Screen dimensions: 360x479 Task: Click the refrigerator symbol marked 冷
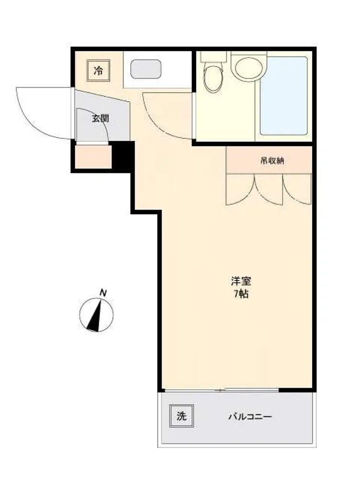tap(98, 71)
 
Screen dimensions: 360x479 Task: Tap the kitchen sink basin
tap(146, 69)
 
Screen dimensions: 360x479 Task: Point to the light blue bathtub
tap(283, 96)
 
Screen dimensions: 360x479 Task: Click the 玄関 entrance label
tap(101, 118)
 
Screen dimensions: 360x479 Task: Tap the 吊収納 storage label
tap(272, 160)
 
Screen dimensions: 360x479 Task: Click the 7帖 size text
tap(241, 294)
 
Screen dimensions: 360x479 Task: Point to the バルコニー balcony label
tap(250, 417)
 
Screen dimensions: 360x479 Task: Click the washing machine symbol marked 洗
tap(182, 416)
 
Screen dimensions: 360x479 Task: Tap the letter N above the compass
tap(103, 293)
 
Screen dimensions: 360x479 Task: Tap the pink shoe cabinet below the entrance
tap(93, 157)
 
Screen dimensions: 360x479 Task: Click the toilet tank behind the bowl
tap(214, 57)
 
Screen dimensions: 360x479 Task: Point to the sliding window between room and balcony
tap(222, 390)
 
